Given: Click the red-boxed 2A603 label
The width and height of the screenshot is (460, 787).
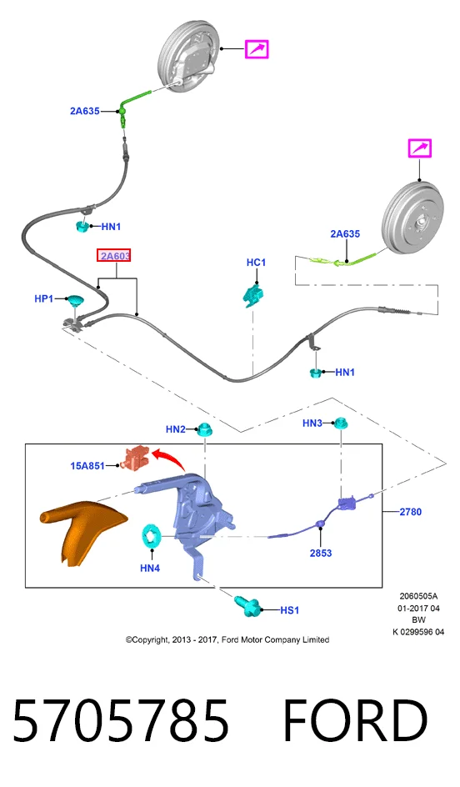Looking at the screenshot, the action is point(115,256).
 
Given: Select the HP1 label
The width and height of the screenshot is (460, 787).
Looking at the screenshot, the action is point(43,299).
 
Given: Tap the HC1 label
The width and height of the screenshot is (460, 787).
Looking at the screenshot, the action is point(256,263).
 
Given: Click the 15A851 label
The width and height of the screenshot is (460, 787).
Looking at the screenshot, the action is point(87,466).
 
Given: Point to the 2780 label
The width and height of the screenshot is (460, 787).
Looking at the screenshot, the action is point(410,512).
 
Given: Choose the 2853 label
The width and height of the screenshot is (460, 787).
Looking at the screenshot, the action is point(321,553).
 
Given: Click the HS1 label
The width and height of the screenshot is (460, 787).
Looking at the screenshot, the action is point(289,610).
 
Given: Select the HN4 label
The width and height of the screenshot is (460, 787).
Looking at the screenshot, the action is point(150,569).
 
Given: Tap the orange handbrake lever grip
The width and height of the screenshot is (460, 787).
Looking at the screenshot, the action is point(80,533).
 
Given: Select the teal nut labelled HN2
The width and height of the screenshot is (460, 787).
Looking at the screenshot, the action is point(203,429).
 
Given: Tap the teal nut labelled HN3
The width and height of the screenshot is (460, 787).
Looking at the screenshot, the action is point(342,424).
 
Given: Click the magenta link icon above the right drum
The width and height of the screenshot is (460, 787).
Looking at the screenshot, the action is point(419,149).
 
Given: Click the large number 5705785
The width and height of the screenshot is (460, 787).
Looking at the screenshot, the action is point(120,720).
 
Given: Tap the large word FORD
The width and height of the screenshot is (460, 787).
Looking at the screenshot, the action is point(355,720).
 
